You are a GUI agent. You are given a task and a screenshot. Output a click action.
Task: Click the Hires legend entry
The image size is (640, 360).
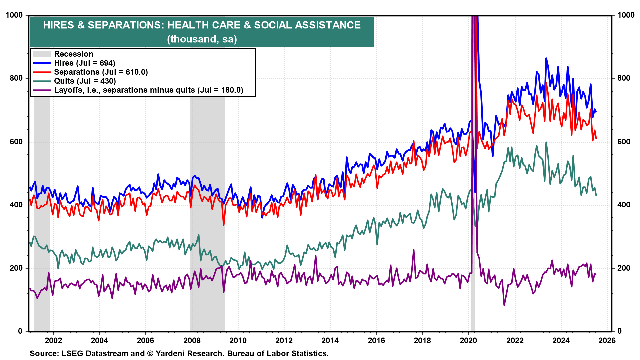tap(84, 63)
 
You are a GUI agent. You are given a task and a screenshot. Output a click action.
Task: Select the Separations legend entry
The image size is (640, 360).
tap(101, 72)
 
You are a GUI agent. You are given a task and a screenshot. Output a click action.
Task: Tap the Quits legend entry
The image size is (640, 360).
tap(85, 81)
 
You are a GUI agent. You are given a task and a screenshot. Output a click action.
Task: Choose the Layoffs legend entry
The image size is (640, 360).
tap(148, 90)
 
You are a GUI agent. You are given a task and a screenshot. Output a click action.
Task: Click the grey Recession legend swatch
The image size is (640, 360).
tap(42, 54)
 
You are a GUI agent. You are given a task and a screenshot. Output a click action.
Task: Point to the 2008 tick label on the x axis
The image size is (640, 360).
tap(192, 340)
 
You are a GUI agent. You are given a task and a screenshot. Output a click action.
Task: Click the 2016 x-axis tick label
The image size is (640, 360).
tap(376, 340)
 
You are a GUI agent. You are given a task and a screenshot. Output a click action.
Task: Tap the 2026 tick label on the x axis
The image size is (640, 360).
tap(607, 340)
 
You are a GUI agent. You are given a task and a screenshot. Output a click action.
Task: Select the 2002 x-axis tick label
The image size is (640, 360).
tap(53, 340)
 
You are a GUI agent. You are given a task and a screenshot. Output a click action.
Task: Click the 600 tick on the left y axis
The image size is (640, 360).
tap(16, 142)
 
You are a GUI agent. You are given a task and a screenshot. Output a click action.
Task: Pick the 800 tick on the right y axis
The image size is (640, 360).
tap(624, 78)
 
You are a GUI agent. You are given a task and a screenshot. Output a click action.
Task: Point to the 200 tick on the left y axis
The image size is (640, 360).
tap(16, 268)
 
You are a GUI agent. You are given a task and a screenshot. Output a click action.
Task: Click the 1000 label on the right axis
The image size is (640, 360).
tap(626, 15)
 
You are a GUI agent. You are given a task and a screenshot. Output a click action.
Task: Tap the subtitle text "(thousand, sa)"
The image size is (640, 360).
tap(202, 39)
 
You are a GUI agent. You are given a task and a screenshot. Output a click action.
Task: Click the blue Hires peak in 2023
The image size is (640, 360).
tap(546, 58)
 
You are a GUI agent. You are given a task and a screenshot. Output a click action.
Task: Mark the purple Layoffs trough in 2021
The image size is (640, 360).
tap(504, 305)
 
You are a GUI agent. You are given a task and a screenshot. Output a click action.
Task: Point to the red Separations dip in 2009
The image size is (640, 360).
tap(224, 225)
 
